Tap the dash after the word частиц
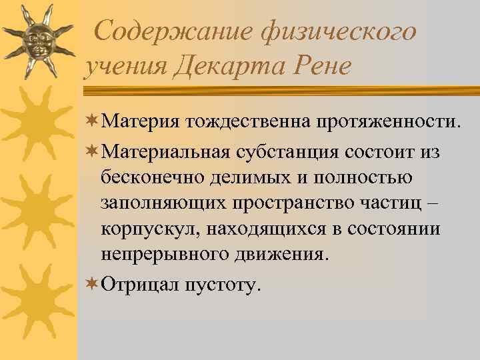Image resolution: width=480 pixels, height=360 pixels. [x=425, y=204]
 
